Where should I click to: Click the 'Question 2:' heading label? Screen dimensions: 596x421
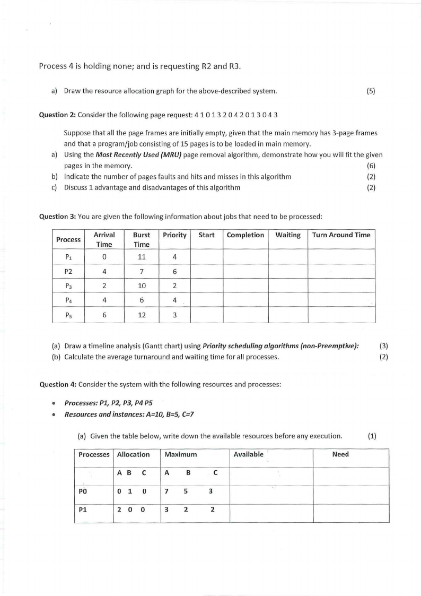coord(58,115)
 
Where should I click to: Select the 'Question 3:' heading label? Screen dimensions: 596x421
coord(58,216)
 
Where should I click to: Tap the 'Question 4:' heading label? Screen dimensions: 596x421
coord(58,385)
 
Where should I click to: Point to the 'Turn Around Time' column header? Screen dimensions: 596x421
coord(341,235)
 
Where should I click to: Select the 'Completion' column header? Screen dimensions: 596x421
coord(245,235)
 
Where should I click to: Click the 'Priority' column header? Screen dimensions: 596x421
coord(174,235)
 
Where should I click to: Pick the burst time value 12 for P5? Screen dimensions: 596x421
coord(142,314)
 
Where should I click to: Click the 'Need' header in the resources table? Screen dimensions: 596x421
coord(340,454)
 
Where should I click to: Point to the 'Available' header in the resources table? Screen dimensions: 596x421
coord(248,454)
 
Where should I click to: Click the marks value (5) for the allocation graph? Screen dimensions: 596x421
coord(371,91)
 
